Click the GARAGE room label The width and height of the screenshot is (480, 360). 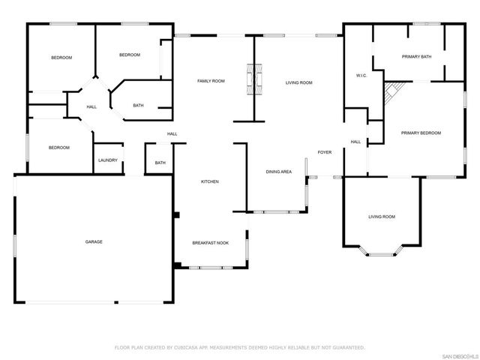tap(94, 241)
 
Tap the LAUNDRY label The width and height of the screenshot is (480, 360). tap(107, 160)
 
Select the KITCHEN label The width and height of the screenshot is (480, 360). tap(209, 181)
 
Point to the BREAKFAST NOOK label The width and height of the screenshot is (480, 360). tap(210, 242)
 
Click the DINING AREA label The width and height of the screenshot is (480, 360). tap(279, 172)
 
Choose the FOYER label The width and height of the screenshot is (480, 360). tap(324, 152)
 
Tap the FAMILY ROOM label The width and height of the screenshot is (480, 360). tap(211, 81)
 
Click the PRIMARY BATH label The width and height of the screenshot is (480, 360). tap(416, 57)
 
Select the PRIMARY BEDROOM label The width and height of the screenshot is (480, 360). tap(421, 133)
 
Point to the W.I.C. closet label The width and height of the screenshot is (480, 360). tap(360, 75)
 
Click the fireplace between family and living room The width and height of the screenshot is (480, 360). tap(255, 78)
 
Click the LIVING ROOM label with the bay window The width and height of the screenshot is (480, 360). tap(382, 217)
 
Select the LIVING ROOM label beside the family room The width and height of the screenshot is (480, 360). tap(298, 82)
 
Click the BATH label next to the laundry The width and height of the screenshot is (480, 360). tap(160, 163)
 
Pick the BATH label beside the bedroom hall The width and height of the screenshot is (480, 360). tap(139, 105)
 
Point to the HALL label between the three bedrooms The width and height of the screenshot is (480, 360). tap(91, 107)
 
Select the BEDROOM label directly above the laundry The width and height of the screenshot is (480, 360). tap(59, 148)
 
